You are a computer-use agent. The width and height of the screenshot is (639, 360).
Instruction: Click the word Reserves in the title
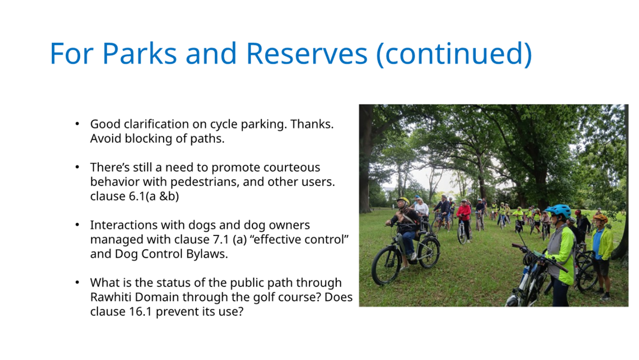(x=307, y=54)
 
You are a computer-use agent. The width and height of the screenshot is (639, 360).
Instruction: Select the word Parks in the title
(x=140, y=54)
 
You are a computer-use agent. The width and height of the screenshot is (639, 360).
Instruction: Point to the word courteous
(x=291, y=168)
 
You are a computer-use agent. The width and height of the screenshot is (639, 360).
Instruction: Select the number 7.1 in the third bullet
(x=221, y=240)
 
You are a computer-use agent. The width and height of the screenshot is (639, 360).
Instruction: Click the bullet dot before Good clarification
(x=77, y=124)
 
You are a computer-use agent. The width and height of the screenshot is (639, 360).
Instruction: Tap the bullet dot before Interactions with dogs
(x=77, y=225)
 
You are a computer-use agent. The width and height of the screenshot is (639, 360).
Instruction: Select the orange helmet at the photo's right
(x=600, y=218)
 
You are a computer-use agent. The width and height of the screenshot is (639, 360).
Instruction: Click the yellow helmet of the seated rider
(x=403, y=201)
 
